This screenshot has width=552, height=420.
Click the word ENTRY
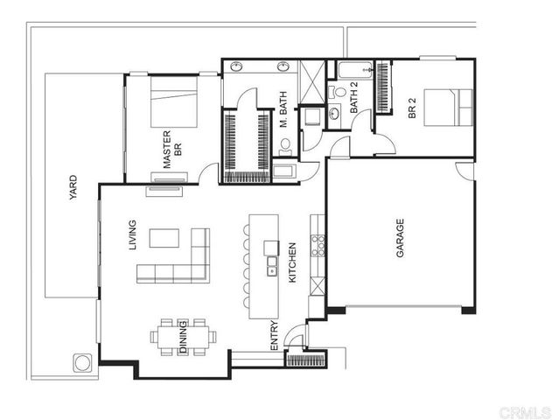[274, 337]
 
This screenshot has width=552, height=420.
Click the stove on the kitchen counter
[319, 244]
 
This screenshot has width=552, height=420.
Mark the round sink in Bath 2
[335, 113]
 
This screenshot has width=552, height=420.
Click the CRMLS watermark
[524, 409]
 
